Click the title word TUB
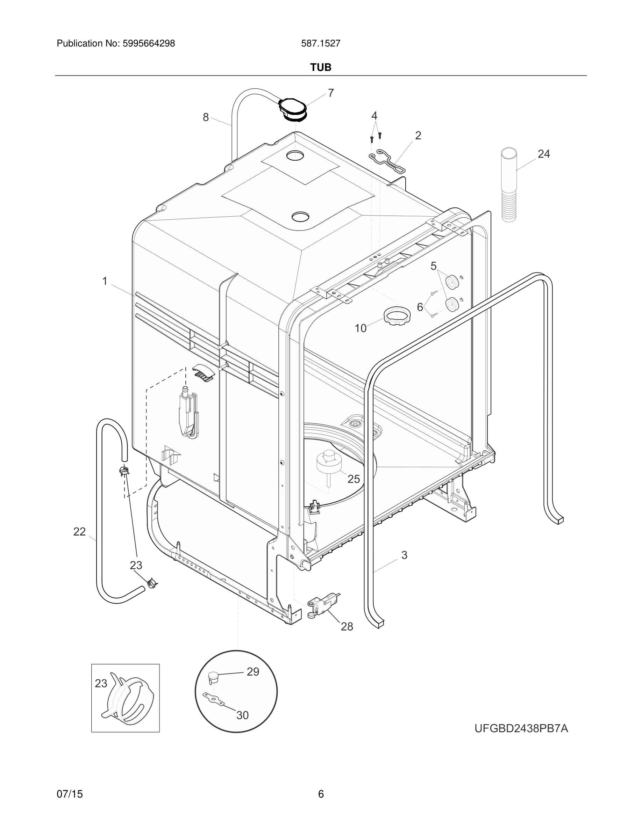(x=321, y=67)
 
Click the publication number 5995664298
(x=149, y=44)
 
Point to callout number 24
(x=543, y=154)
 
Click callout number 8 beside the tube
(x=206, y=117)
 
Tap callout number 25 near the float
(x=353, y=479)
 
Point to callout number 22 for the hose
(x=79, y=532)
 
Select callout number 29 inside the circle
(x=253, y=672)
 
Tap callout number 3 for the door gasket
(x=404, y=555)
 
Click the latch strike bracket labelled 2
(x=387, y=160)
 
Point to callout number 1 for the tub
(x=105, y=281)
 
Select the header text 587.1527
(x=321, y=44)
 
